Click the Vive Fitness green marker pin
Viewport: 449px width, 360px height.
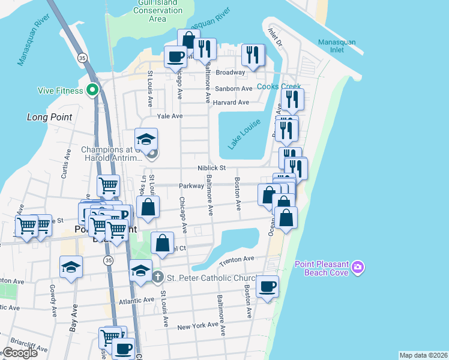coord(92,90)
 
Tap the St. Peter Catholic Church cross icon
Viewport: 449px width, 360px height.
coord(157,277)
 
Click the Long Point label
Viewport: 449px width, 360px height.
coord(50,117)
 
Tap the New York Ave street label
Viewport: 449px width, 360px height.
coord(198,325)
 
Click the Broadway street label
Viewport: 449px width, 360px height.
coord(231,72)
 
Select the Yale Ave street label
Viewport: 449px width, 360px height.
coord(169,116)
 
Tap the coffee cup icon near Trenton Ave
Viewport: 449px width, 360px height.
coord(268,286)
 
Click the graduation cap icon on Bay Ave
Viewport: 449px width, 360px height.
coord(71,266)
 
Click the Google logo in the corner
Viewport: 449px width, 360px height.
coord(19,353)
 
